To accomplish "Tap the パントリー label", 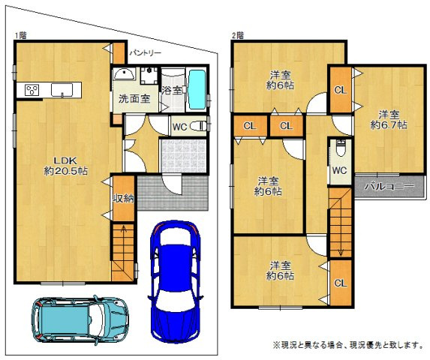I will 146,53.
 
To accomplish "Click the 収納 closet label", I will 122,198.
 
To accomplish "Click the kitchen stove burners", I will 33,91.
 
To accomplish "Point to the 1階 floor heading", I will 18,35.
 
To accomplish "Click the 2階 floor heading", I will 237,35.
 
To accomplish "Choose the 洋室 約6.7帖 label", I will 388,120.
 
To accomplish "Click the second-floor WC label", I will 338,169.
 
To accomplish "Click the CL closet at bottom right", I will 339,283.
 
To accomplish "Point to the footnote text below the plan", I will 342,344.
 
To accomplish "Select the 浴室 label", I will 173,90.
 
